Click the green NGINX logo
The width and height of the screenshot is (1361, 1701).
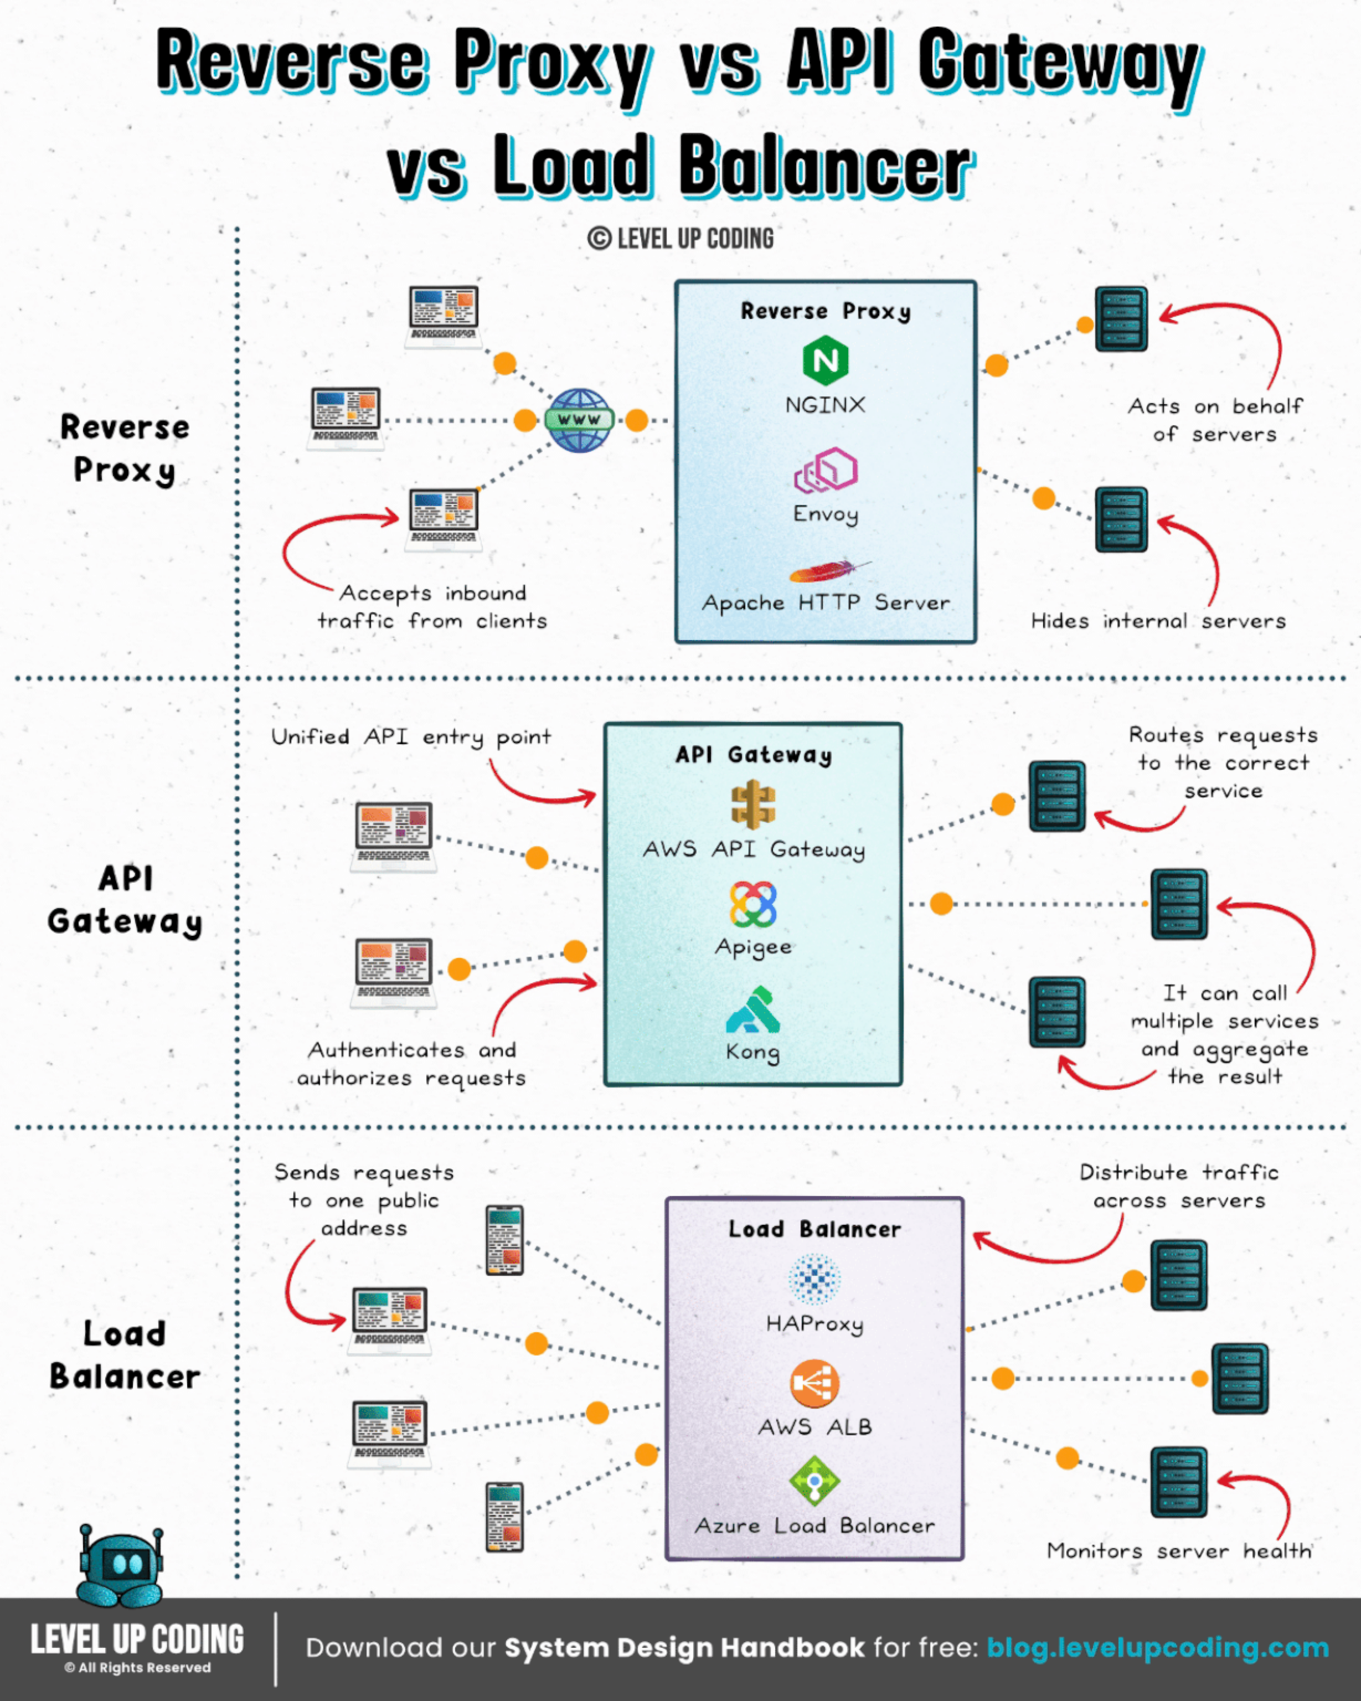(x=825, y=360)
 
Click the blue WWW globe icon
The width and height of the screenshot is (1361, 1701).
(x=579, y=420)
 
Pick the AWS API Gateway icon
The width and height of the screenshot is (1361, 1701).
(x=752, y=805)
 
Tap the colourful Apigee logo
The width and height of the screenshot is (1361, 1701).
(x=752, y=904)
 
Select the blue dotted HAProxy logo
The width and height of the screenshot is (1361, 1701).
(x=814, y=1279)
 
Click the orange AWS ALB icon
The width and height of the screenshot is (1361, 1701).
(x=814, y=1384)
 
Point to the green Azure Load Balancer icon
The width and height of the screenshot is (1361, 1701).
(x=814, y=1481)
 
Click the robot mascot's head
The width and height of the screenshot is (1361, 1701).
(x=120, y=1558)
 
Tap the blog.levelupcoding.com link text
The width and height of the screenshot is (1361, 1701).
(x=1157, y=1647)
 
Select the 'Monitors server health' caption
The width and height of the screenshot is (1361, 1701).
(x=1179, y=1550)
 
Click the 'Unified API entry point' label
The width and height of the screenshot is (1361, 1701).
(x=411, y=737)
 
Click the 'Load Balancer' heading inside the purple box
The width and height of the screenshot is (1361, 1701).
(x=814, y=1229)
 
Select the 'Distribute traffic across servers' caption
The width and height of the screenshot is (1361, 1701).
(x=1179, y=1186)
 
